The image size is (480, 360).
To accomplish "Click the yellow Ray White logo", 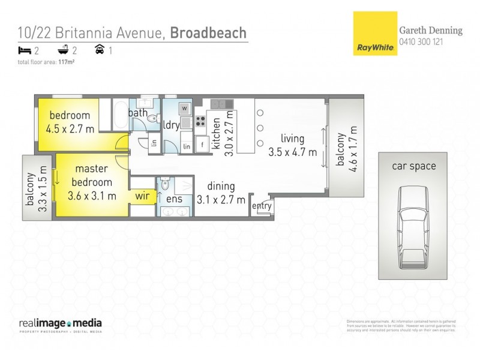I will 373,34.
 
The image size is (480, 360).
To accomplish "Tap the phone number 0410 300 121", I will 421,42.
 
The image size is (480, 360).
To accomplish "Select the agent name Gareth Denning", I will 431,31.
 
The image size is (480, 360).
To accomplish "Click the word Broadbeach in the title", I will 208,32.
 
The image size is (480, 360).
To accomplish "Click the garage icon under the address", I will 100,50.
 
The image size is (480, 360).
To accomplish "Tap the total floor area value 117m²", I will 66,61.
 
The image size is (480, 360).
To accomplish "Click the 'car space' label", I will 414,166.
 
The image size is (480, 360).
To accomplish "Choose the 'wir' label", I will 142,195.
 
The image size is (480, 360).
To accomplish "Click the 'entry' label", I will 262,206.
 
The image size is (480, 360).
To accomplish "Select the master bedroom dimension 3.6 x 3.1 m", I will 92,195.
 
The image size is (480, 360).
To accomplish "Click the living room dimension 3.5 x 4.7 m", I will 292,152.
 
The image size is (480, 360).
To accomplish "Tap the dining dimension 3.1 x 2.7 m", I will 221,199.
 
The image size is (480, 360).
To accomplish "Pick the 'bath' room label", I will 138,112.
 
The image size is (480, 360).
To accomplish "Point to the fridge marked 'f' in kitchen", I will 202,145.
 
